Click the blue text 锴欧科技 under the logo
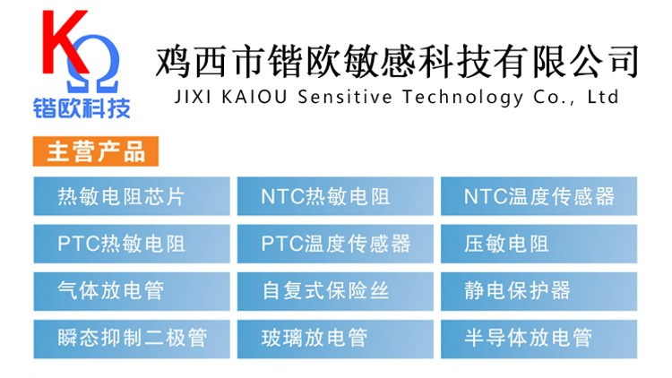pos(82,107)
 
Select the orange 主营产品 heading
pos(96,151)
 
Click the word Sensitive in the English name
pos(345,97)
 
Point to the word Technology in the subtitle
pos(463,98)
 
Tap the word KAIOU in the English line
pos(254,97)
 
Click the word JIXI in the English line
pos(193,97)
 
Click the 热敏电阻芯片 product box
pos(132,196)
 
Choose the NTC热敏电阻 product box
pos(335,196)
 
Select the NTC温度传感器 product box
pos(538,196)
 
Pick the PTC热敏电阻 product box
pos(132,244)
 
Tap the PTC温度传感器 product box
pos(335,244)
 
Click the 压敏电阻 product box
pos(538,244)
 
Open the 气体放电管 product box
pos(132,291)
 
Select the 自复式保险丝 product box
pos(335,291)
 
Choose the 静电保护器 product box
pos(538,291)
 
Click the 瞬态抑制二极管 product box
pos(132,339)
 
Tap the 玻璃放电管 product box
pos(335,339)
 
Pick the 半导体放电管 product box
pos(538,339)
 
